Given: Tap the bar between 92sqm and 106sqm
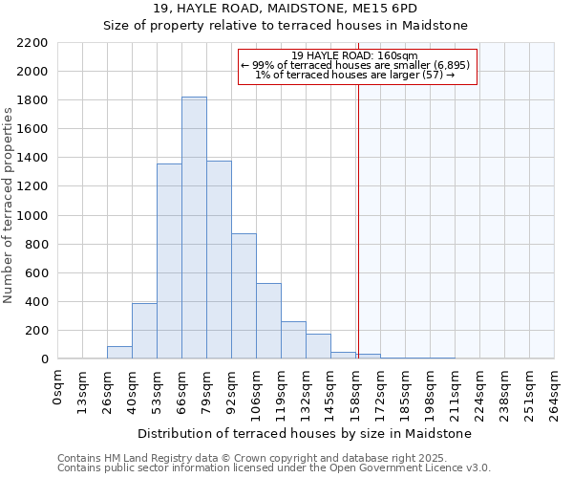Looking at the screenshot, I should click(244, 295).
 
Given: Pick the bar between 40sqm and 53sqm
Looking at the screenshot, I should click(144, 331).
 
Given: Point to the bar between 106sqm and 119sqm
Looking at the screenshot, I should click(268, 320).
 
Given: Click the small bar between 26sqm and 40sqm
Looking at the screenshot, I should click(119, 353).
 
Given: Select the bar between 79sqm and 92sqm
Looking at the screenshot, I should click(219, 259).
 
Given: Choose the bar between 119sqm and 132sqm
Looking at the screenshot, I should click(293, 340).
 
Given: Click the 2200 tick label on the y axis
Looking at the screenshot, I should click(32, 43).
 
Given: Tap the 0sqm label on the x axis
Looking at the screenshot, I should click(58, 385).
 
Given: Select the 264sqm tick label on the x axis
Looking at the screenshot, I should click(554, 390).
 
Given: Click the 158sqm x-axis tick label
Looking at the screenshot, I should click(355, 390).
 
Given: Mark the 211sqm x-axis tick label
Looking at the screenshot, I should click(455, 390).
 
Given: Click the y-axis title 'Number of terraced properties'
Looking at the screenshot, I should click(9, 206).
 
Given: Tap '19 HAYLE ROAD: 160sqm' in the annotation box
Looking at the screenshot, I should click(354, 56).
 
